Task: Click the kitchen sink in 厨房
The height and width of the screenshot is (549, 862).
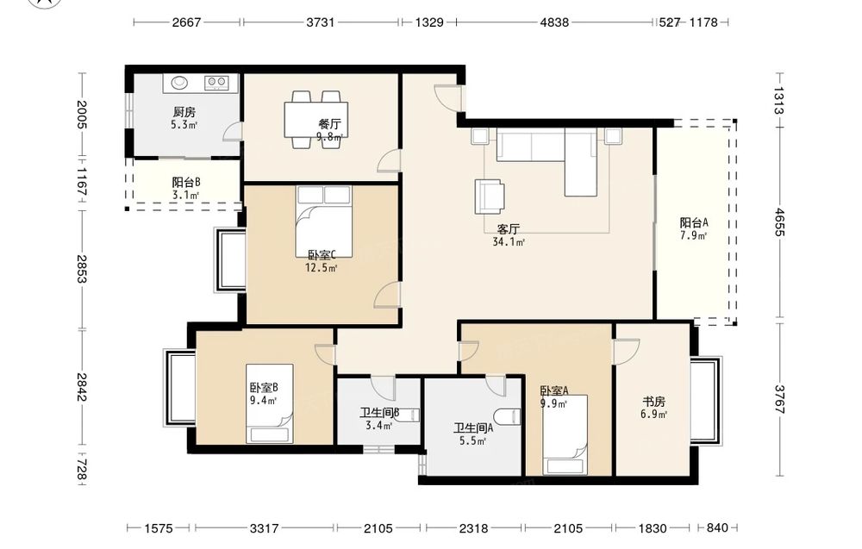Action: click(x=180, y=83)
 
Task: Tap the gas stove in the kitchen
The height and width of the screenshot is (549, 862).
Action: click(x=216, y=83)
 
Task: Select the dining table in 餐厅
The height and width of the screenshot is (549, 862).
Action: click(x=316, y=120)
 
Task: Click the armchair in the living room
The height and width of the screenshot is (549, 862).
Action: click(x=490, y=197)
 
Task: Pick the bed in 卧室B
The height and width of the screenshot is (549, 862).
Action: click(x=269, y=403)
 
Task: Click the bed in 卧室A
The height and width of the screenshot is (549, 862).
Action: click(x=565, y=434)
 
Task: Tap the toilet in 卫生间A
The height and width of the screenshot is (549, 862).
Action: click(x=507, y=416)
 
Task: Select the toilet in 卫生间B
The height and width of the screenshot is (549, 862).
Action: click(x=408, y=415)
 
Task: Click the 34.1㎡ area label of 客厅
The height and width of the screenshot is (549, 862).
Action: click(x=509, y=242)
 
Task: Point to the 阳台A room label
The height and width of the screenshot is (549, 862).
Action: click(x=694, y=222)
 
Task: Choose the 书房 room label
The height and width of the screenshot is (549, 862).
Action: click(x=653, y=402)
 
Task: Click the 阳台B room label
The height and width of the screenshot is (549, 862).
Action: click(x=186, y=183)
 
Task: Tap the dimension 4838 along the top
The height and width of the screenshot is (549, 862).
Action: click(x=554, y=22)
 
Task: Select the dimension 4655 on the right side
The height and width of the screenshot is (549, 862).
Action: click(x=779, y=222)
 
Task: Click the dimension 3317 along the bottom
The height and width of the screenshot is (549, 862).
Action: click(x=264, y=528)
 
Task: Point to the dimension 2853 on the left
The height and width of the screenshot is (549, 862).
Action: click(x=81, y=269)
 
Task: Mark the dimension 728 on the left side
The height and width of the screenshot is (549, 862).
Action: click(x=81, y=470)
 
